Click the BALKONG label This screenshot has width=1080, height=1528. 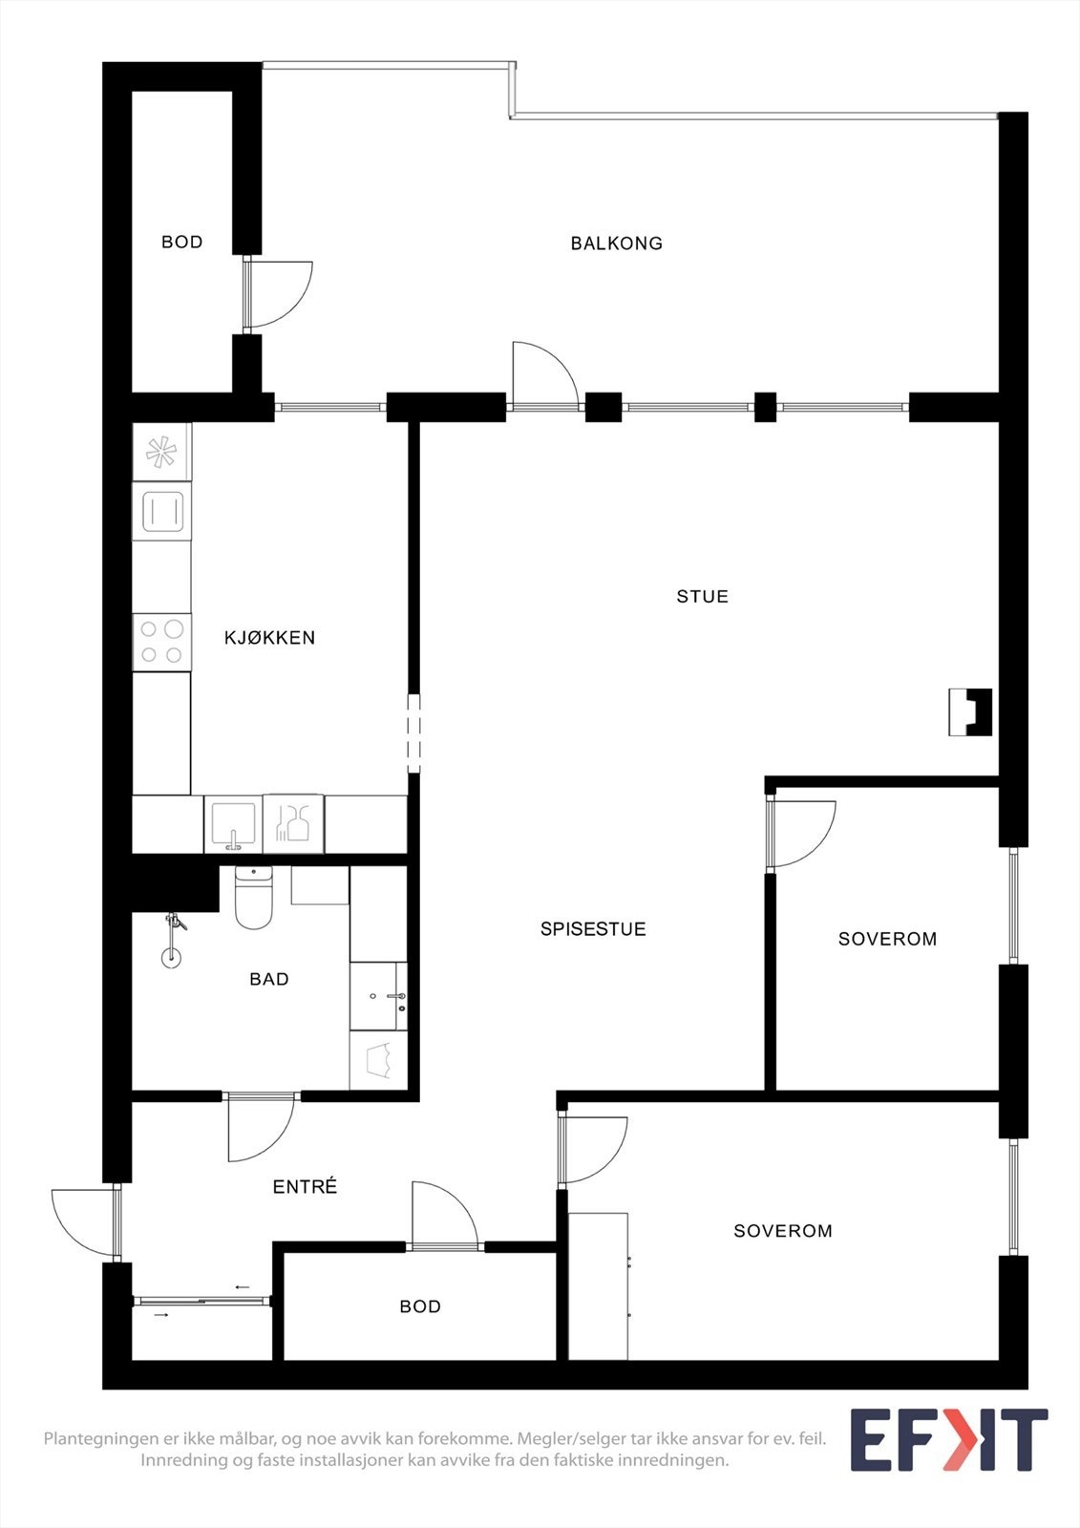click(x=616, y=244)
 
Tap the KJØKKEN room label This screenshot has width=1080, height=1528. click(x=269, y=638)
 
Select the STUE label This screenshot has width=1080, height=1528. click(x=702, y=597)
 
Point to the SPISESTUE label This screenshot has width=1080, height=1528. click(x=593, y=929)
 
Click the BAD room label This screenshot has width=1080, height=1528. click(x=268, y=979)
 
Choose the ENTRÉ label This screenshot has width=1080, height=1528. click(x=305, y=1187)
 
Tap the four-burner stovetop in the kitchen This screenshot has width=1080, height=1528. click(x=161, y=642)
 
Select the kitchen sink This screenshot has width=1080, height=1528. click(x=232, y=822)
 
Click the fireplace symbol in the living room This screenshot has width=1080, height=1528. click(x=970, y=712)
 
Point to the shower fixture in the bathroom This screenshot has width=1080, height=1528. click(x=172, y=941)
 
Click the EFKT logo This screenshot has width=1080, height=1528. click(x=948, y=1440)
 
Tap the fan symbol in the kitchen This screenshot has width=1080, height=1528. click(x=160, y=452)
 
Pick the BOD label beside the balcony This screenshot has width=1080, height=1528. click(x=181, y=243)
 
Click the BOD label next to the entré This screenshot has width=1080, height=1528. click(x=420, y=1306)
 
